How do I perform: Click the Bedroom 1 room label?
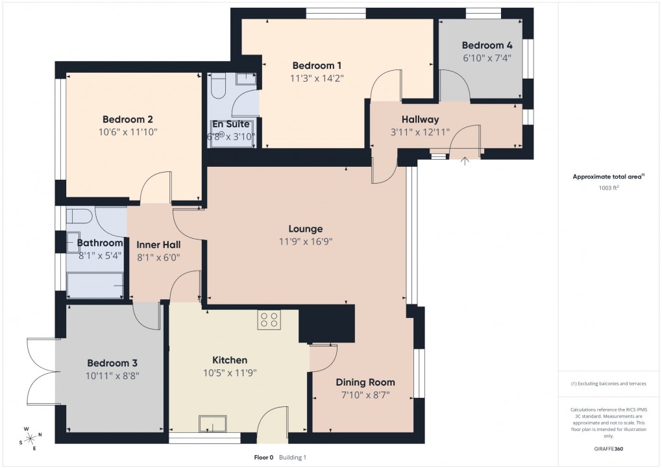pyautogui.click(x=317, y=66)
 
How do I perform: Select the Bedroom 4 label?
pyautogui.click(x=482, y=45)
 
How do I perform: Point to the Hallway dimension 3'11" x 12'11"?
pyautogui.click(x=420, y=132)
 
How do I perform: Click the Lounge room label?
pyautogui.click(x=306, y=229)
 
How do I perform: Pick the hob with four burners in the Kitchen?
pyautogui.click(x=269, y=319)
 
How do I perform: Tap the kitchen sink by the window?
pyautogui.click(x=213, y=424)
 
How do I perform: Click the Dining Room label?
pyautogui.click(x=365, y=382)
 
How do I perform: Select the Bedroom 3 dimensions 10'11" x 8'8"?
pyautogui.click(x=113, y=375)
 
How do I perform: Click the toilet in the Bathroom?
pyautogui.click(x=79, y=216)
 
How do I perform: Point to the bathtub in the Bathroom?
pyautogui.click(x=96, y=286)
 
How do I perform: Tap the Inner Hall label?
pyautogui.click(x=158, y=245)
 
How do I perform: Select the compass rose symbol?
pyautogui.click(x=30, y=439)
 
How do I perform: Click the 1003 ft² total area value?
pyautogui.click(x=609, y=188)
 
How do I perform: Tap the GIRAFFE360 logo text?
pyautogui.click(x=609, y=449)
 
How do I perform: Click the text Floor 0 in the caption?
pyautogui.click(x=264, y=458)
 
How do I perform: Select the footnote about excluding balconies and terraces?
pyautogui.click(x=609, y=384)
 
